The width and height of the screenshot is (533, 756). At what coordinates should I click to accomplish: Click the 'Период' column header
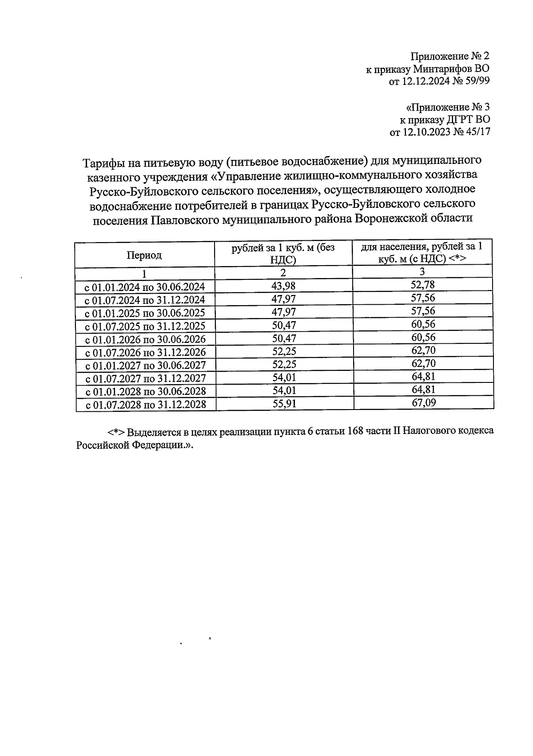tap(144, 255)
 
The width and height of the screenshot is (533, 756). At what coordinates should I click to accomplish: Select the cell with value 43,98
tap(283, 286)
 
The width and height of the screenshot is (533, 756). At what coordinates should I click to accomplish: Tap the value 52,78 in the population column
tap(422, 285)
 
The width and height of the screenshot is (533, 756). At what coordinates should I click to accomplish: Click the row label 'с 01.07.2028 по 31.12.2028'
tap(145, 405)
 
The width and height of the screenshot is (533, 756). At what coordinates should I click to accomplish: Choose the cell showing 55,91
tap(284, 404)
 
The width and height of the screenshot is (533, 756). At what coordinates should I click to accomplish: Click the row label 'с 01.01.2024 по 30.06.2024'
tap(145, 286)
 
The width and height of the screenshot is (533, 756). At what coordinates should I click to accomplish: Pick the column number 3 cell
tap(422, 271)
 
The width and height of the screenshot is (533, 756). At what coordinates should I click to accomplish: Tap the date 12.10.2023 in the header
tap(426, 132)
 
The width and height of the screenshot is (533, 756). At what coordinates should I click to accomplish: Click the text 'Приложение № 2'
tap(449, 56)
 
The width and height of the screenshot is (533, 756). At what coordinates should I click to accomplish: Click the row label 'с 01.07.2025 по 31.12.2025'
tap(145, 326)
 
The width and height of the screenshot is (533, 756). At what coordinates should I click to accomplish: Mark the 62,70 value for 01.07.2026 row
tap(423, 350)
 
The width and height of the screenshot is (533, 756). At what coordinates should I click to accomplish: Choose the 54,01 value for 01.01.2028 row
tap(284, 390)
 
